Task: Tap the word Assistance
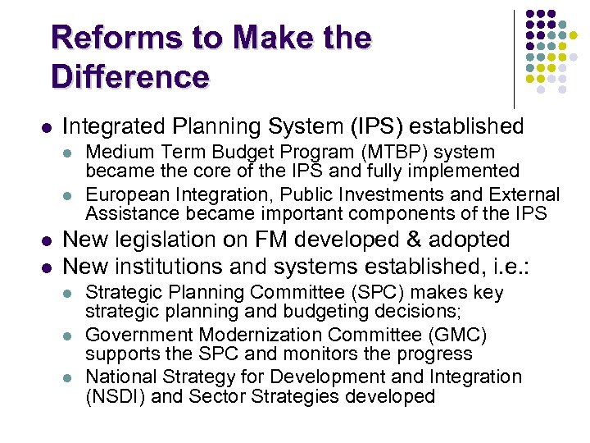pos(129,214)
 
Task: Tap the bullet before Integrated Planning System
pos(46,128)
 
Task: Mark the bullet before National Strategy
pos(71,378)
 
